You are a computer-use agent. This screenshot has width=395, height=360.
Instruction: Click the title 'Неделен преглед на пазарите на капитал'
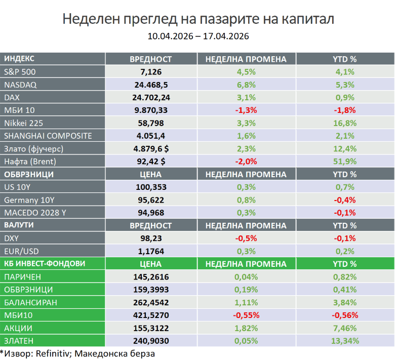pos(197,19)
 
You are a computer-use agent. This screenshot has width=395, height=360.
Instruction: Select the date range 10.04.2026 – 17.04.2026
pos(197,36)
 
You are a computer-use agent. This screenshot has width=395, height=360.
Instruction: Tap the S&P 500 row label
pos(20,72)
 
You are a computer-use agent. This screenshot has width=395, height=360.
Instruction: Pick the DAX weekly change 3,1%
pos(245,97)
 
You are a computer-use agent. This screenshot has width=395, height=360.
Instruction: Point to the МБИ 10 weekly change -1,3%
pos(245,110)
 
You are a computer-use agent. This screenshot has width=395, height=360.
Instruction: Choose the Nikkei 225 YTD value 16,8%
pos(344,123)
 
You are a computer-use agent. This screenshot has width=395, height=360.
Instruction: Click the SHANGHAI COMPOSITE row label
pos(48,136)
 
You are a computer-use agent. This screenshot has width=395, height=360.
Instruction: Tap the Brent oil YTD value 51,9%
pos(344,162)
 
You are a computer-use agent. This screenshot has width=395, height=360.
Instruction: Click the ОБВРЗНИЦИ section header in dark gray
pos(29,174)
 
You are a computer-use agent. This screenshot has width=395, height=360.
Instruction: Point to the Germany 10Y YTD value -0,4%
pos(344,200)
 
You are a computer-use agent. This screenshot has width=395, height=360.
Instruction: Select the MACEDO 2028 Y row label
pos(35,213)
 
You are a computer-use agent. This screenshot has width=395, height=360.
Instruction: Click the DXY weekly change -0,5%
pos(245,238)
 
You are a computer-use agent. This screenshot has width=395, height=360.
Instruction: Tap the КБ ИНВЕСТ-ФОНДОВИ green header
pos(45,264)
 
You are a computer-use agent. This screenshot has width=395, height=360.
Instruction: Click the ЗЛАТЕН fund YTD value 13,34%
pos(344,341)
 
